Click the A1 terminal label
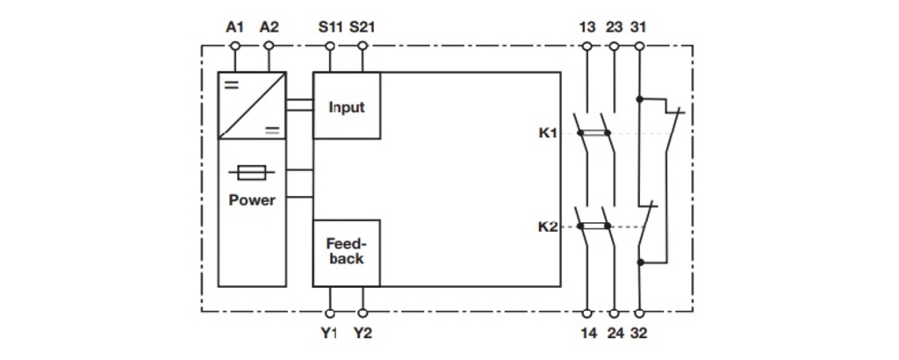point(234,27)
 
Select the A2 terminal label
point(269,27)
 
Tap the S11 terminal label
point(330,27)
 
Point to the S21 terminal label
point(363,27)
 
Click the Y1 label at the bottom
point(330,333)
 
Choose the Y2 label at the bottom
point(363,333)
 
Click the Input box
point(346,105)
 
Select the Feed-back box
point(346,253)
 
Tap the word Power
point(252,201)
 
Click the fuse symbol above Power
point(252,172)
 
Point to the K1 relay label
point(548,133)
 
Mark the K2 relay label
point(548,227)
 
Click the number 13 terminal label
point(587,27)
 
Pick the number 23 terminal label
point(614,27)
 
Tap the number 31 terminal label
point(638,27)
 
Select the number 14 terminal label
point(587,333)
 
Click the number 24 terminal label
point(614,333)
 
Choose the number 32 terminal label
point(638,333)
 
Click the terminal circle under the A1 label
point(234,46)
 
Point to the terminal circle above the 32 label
point(639,313)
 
